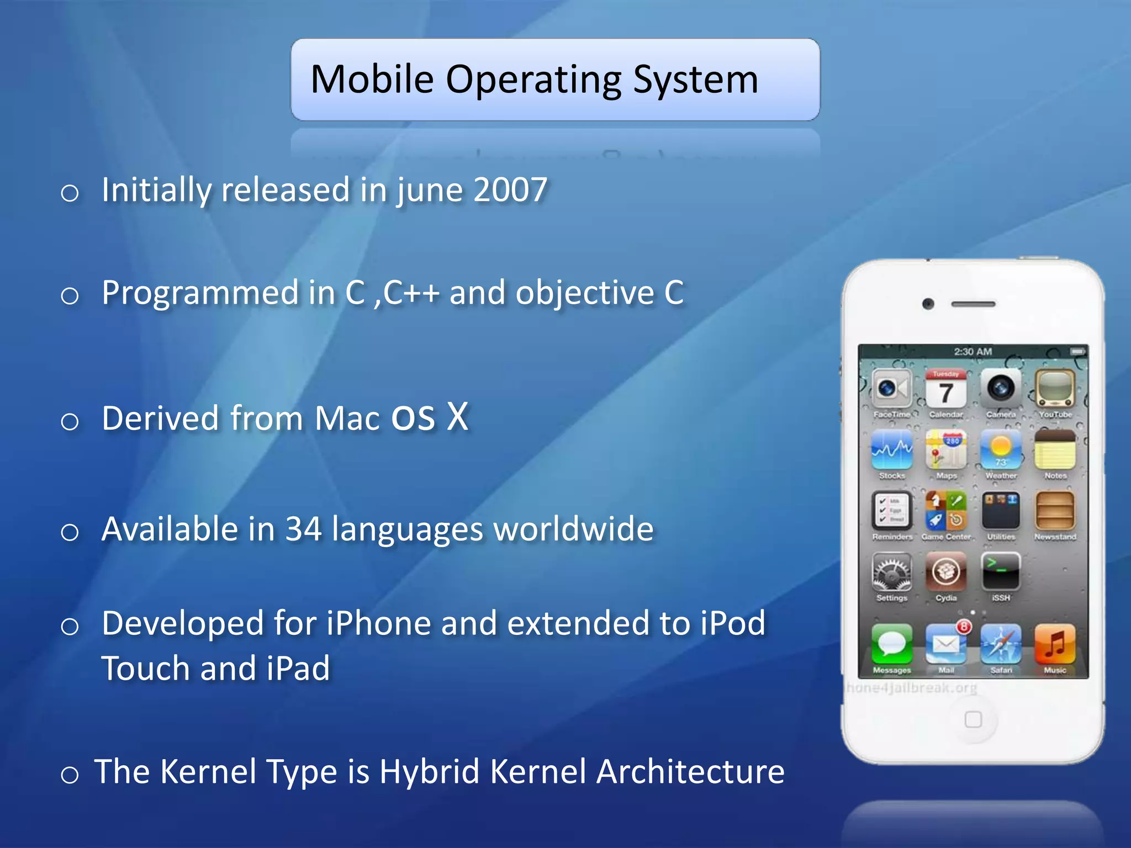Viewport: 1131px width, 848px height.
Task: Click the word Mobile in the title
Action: tap(372, 79)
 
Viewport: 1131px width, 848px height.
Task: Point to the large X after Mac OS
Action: tap(457, 416)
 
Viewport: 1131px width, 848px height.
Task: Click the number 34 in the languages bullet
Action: tap(303, 529)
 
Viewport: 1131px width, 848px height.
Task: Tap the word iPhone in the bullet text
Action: tap(378, 623)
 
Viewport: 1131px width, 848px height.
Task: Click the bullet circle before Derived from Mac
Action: tap(70, 422)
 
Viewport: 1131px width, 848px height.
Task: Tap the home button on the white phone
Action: tap(973, 719)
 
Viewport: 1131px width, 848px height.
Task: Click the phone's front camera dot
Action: tap(928, 304)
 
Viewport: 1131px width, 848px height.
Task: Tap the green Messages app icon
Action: tap(891, 644)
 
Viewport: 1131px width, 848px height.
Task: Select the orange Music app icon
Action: tap(1054, 644)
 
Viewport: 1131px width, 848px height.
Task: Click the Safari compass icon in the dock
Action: tap(1000, 644)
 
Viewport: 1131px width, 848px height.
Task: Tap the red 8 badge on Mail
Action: tap(964, 627)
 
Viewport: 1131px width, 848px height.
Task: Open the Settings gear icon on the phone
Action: tap(891, 573)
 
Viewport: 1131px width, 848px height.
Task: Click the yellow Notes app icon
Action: tap(1054, 450)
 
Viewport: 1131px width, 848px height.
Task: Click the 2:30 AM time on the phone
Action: tap(973, 352)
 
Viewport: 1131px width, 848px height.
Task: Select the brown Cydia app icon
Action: tap(945, 573)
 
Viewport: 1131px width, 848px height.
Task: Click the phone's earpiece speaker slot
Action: tap(973, 304)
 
